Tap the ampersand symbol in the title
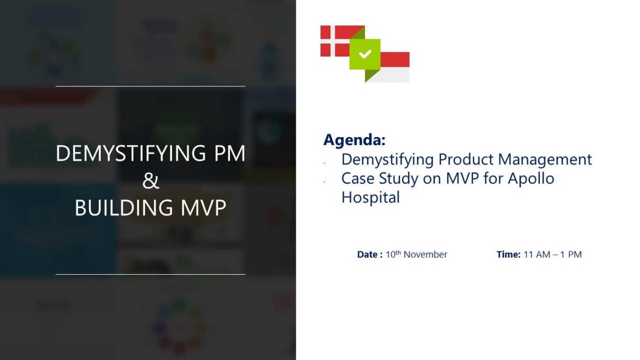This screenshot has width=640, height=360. pos(150,181)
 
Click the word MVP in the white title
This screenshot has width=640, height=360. pos(203,208)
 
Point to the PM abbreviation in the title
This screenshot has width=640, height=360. pos(229,153)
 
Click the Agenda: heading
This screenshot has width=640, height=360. pos(354,140)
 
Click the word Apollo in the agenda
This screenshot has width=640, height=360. pos(531,178)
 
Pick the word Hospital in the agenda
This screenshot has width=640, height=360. pos(370,197)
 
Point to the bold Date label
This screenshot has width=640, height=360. pos(369,255)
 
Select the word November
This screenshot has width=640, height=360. pos(425,255)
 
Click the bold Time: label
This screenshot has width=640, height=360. pos(508,255)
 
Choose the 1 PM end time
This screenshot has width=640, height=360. pos(571,255)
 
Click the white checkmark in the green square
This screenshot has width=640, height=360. pos(365,54)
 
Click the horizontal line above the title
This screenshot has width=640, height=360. pos(150,86)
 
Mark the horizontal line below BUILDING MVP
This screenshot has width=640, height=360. pos(150,274)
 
